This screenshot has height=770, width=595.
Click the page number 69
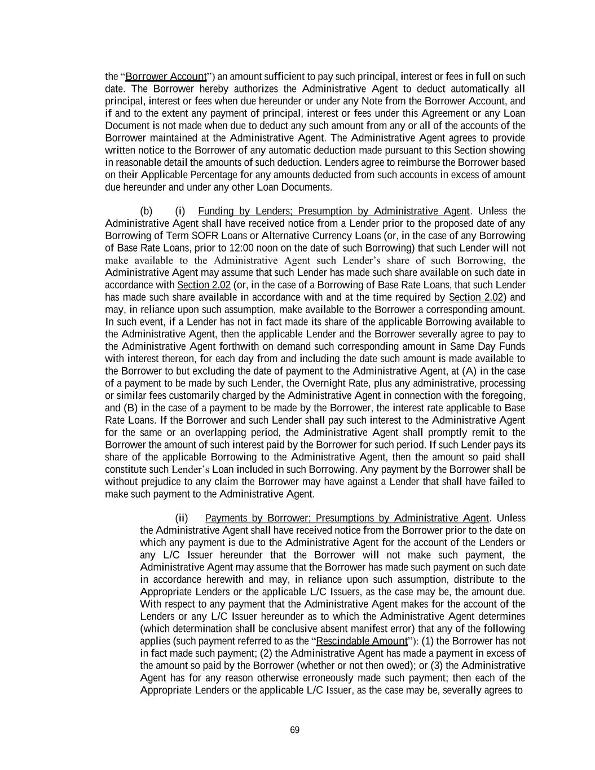pos(294,730)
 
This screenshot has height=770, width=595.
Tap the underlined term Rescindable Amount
pos(362,641)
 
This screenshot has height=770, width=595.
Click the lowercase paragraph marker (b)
pos(146,211)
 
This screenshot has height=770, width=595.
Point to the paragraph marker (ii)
pos(182,518)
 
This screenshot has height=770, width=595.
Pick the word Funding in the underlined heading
pos(216,211)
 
